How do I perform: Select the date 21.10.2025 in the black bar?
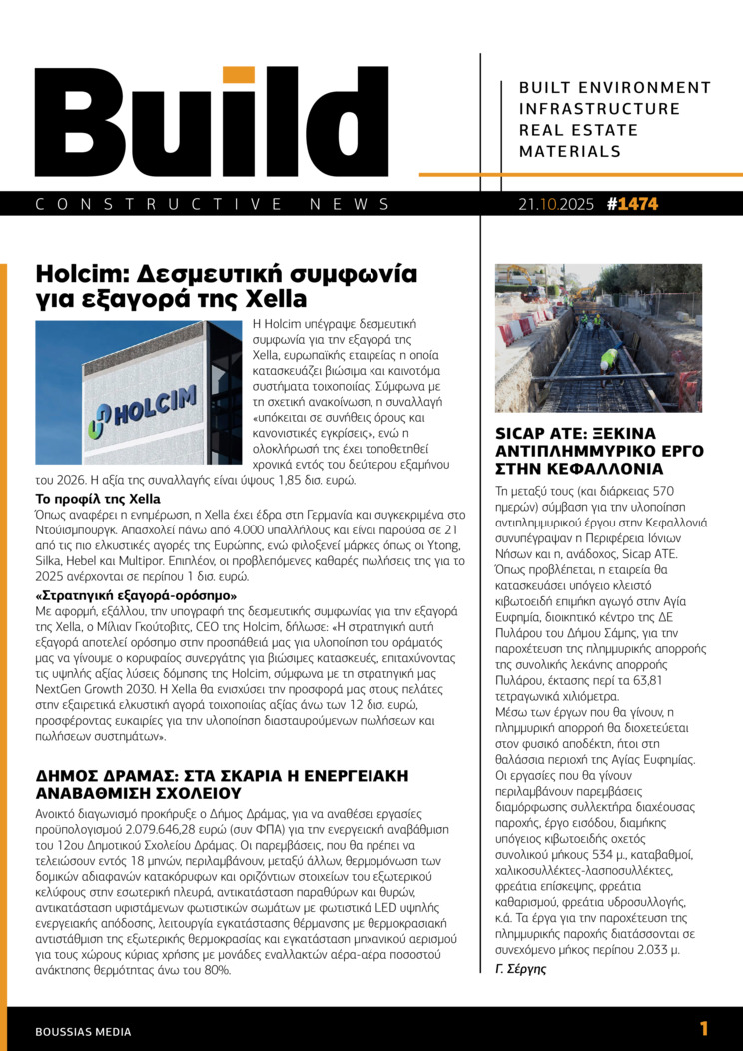click(x=556, y=204)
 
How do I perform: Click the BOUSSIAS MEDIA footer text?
click(x=83, y=1031)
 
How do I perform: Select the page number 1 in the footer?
click(x=704, y=1029)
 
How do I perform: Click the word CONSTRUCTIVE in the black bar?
click(x=160, y=204)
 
